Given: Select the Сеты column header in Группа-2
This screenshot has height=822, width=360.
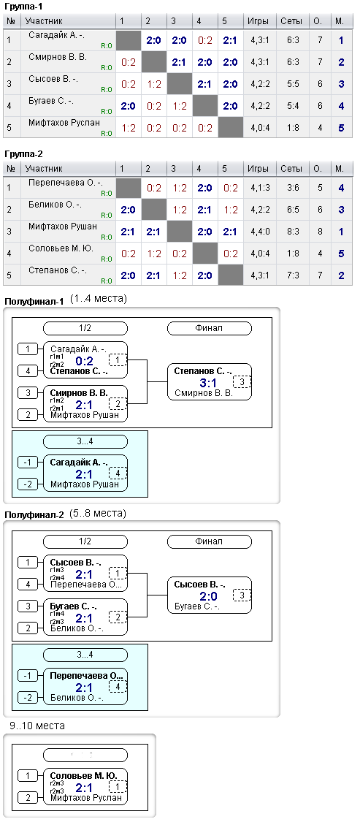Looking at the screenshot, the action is pyautogui.click(x=291, y=169).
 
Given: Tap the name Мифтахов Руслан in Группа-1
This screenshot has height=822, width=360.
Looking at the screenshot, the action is pyautogui.click(x=64, y=123).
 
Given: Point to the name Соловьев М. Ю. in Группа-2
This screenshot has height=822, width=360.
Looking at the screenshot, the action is pyautogui.click(x=61, y=248).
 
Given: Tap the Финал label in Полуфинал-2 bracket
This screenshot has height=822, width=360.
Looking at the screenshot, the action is pyautogui.click(x=209, y=541).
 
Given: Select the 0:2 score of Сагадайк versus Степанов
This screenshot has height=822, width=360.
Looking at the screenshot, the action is pyautogui.click(x=85, y=361).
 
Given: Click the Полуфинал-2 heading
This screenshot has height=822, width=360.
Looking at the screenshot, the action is pyautogui.click(x=34, y=515).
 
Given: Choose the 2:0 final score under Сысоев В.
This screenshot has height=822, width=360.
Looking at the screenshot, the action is pyautogui.click(x=208, y=596).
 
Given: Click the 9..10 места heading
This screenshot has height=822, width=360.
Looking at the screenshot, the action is pyautogui.click(x=37, y=726).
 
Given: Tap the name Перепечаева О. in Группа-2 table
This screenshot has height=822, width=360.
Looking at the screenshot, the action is pyautogui.click(x=66, y=183).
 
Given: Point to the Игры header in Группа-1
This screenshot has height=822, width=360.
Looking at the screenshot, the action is pyautogui.click(x=258, y=21).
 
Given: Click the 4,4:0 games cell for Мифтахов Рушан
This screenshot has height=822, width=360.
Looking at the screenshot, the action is pyautogui.click(x=258, y=231).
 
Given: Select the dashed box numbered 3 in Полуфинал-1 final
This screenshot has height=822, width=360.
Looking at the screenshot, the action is pyautogui.click(x=242, y=382).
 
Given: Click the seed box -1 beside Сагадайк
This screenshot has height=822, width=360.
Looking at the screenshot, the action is pyautogui.click(x=27, y=462).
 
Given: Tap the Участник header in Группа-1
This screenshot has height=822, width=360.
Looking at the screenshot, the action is pyautogui.click(x=44, y=21).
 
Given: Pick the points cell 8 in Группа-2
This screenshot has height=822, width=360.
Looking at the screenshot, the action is pyautogui.click(x=320, y=231).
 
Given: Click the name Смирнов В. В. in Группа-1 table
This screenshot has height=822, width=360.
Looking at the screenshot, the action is pyautogui.click(x=58, y=56).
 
